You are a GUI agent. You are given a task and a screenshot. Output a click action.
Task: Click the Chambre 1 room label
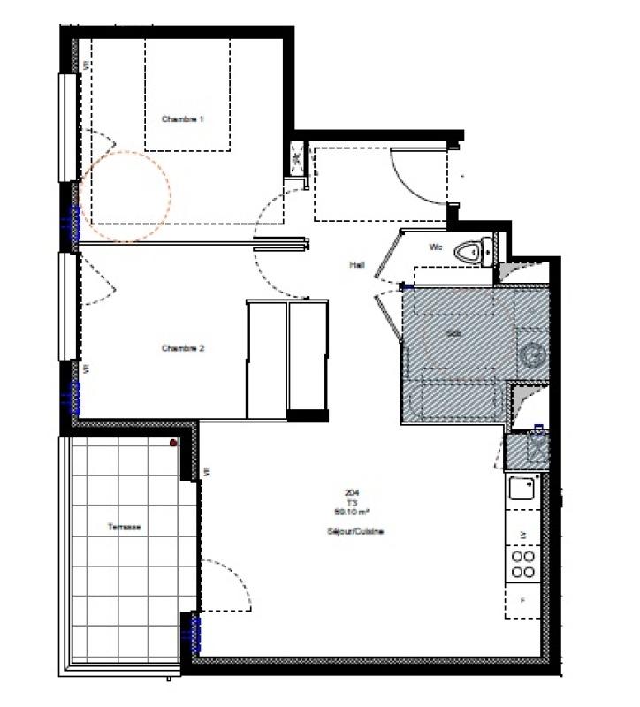183,118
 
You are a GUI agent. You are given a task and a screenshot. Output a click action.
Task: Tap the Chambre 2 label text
183,348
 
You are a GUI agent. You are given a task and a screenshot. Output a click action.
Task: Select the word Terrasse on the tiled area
125,527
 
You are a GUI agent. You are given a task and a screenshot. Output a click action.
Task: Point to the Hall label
357,263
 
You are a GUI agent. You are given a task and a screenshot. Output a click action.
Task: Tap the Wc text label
436,247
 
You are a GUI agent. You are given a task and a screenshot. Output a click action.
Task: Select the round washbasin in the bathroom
533,355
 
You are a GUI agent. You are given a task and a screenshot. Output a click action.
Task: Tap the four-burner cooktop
523,564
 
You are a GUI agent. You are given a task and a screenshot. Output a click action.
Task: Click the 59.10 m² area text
352,511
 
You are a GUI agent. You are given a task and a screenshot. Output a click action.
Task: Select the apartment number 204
352,493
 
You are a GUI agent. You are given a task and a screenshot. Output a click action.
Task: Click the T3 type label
352,502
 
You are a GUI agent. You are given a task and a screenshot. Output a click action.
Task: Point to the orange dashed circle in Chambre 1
125,196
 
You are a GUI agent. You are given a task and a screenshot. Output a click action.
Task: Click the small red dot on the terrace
174,443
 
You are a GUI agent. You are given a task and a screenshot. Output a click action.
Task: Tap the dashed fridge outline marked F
523,600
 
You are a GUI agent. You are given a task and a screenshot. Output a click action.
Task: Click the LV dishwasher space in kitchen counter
523,534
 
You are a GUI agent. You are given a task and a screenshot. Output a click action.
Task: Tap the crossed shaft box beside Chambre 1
296,160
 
